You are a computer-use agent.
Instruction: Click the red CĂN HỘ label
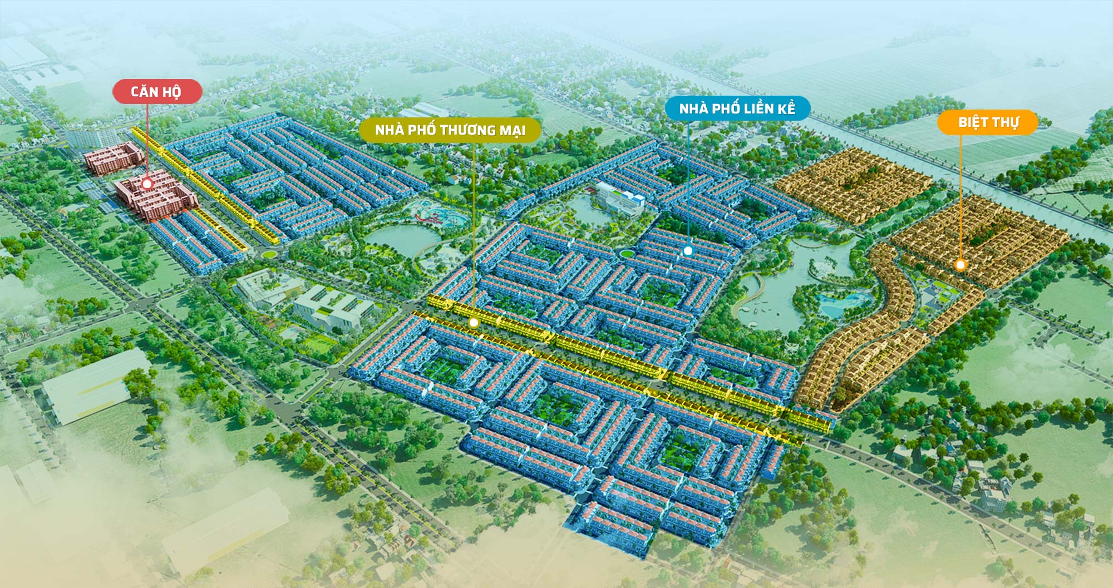(x=156, y=92)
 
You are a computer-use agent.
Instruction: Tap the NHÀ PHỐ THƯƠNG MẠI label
(x=450, y=130)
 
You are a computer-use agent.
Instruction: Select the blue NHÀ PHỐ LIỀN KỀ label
(x=737, y=108)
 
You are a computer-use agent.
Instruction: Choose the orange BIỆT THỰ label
(x=987, y=122)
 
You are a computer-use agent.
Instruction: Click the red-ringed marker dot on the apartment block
(x=147, y=184)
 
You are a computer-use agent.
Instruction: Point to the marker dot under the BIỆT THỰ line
(x=960, y=265)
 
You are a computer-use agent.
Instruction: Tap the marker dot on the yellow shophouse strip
(x=473, y=322)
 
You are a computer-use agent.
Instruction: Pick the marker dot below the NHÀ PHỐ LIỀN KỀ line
(x=688, y=251)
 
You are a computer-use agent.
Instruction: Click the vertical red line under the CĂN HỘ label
(x=147, y=139)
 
